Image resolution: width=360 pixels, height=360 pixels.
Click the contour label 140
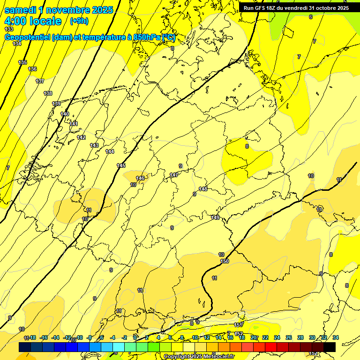(x=65, y=114)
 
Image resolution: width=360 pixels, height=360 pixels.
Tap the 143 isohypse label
(x=94, y=145)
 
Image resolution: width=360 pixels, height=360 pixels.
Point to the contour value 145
(x=121, y=165)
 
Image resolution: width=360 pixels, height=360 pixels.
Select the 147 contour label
(x=174, y=175)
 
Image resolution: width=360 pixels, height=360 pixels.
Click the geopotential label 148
(x=202, y=189)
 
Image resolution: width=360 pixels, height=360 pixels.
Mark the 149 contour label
(x=215, y=217)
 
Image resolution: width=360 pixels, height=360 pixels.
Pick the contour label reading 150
(x=225, y=261)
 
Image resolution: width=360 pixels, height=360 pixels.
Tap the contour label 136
(x=32, y=69)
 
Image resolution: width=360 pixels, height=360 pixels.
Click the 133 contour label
(x=9, y=29)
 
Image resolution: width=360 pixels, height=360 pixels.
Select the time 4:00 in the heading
(x=15, y=21)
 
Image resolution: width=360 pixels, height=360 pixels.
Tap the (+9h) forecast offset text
(x=79, y=21)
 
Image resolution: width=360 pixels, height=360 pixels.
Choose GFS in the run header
(x=262, y=8)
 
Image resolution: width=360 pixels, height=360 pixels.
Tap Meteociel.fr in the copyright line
(x=217, y=356)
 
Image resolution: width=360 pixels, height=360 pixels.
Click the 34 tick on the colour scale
(x=335, y=337)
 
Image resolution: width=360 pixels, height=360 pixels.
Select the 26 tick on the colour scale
(x=289, y=337)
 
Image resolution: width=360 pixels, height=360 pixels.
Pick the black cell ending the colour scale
(x=330, y=347)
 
